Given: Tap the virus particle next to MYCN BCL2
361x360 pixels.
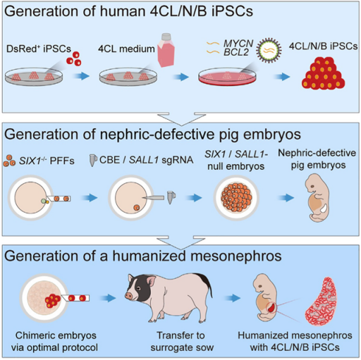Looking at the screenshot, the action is pos(269,50).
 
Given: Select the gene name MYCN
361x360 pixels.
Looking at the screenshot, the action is pos(238,44).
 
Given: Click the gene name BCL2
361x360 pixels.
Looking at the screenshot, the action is pos(236,52).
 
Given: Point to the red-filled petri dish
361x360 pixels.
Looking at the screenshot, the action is pos(227,77).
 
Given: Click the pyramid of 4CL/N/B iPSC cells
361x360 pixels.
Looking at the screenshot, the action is pos(323,73).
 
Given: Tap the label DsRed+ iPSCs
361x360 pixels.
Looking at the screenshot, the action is pos(39,49).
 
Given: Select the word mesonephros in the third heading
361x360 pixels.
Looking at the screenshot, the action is pos(235,256).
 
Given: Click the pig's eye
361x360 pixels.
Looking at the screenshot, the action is pos(139,288).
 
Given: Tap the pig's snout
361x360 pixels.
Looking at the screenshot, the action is pos(128,295).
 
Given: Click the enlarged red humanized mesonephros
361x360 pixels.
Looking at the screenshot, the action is pos(321,302).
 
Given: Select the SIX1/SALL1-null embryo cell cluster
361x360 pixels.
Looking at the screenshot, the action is pos(236,197).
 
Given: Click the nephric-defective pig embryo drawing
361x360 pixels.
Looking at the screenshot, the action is pos(317,197).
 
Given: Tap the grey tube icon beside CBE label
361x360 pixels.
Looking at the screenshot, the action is pos(93,160).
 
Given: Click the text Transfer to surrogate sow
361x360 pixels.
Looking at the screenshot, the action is pos(182,341).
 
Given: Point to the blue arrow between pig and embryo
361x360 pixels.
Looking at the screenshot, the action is pos(233,298).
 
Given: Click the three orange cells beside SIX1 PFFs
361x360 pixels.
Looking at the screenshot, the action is pos(9,161).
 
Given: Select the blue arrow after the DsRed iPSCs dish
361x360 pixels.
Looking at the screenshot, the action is pos(81,76).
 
